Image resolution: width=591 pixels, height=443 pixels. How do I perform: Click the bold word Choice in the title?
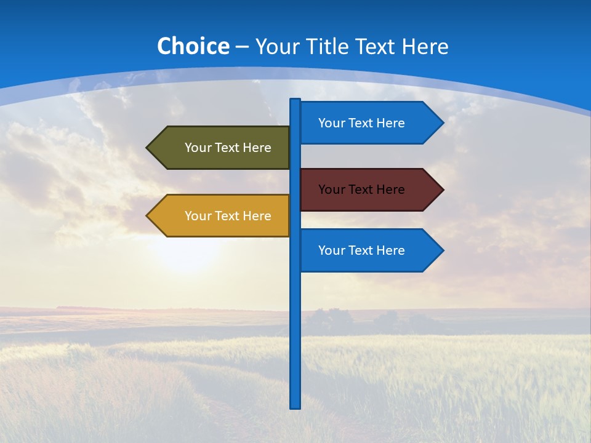coord(193,46)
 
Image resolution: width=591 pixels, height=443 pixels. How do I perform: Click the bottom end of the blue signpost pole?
coord(295,406)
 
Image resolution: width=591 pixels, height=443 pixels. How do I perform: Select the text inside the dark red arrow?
coord(361,190)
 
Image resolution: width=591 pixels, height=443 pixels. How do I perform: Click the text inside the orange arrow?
coord(228,216)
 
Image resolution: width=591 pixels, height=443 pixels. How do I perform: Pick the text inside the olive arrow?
coord(228,148)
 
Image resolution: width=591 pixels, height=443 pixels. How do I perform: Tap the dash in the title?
coord(242,47)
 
